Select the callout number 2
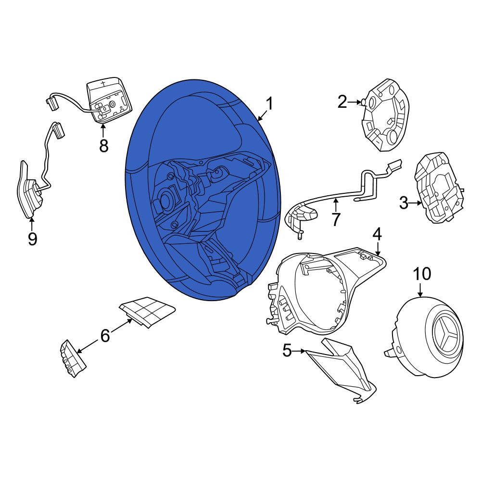point(342,102)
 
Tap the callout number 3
point(404,203)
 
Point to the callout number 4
point(377,234)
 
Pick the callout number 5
point(287,350)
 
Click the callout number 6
point(105,336)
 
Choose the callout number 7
point(336,219)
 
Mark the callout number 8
point(104,146)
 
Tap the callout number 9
point(32,239)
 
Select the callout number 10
point(422,274)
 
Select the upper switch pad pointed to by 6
point(147,311)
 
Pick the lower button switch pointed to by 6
point(73,358)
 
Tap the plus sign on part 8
point(103,83)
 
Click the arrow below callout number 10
point(420,289)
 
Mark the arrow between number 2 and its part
point(355,102)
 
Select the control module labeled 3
point(438,188)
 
